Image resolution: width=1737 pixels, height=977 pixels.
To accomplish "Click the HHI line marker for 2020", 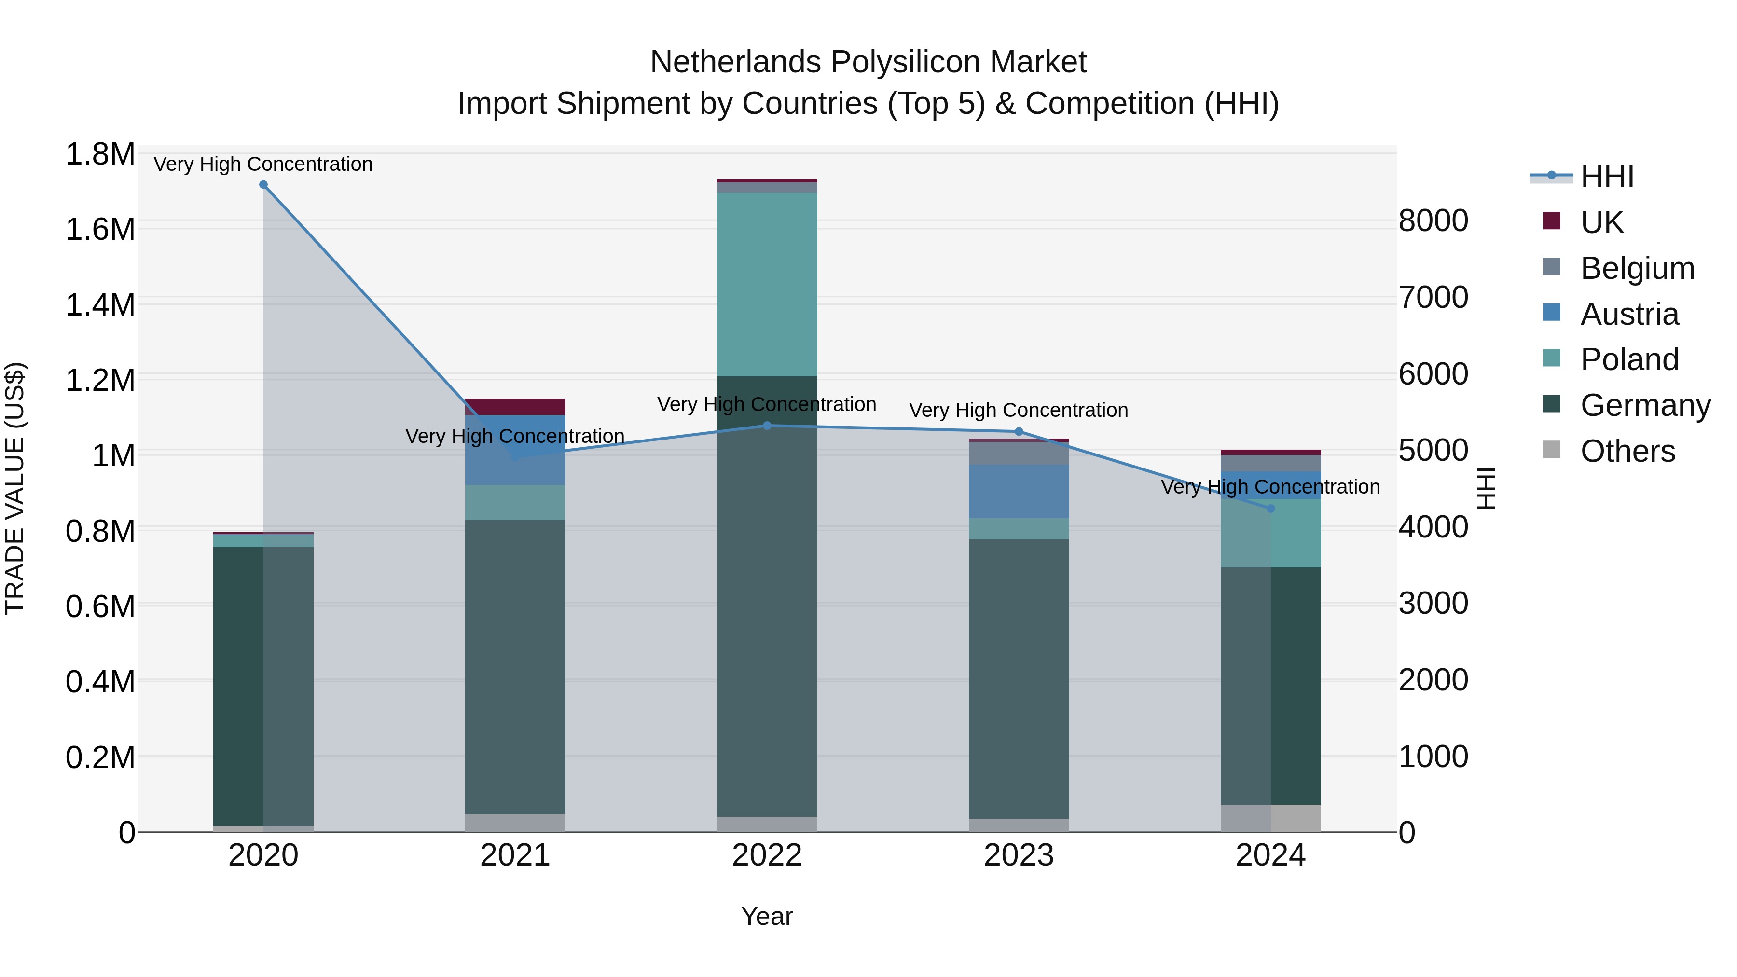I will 263,185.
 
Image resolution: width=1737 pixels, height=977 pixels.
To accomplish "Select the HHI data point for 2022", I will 767,426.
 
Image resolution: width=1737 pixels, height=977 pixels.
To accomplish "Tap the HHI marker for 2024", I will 1270,509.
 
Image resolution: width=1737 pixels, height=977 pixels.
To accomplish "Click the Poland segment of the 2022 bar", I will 767,283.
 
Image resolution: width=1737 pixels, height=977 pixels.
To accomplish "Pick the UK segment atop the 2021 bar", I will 515,407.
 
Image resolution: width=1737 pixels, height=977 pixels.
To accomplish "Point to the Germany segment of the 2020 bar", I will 263,684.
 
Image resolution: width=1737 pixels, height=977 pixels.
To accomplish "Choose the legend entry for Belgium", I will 1637,268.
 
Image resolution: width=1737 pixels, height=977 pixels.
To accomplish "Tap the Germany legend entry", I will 1645,405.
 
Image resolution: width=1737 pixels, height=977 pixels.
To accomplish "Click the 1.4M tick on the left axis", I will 100,305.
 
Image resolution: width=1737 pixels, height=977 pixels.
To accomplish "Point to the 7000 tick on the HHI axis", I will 1433,297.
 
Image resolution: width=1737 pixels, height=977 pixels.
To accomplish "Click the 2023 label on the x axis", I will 1018,855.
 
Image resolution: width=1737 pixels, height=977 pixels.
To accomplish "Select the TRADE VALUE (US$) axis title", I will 15,488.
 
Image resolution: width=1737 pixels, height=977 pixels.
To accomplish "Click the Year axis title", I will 767,916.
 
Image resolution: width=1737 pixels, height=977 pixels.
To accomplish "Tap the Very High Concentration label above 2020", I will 263,164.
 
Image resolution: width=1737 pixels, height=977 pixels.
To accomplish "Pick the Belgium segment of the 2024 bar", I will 1270,463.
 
